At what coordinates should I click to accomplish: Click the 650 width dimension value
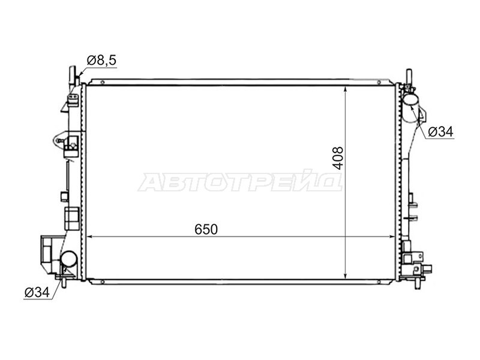tap(206, 229)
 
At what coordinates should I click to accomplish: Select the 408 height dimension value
tap(338, 158)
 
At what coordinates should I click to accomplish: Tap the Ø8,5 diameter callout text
tap(101, 61)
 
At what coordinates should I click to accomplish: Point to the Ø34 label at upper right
tap(440, 131)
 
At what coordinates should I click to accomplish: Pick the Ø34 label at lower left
tap(37, 292)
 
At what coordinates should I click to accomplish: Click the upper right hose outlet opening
tap(410, 100)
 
